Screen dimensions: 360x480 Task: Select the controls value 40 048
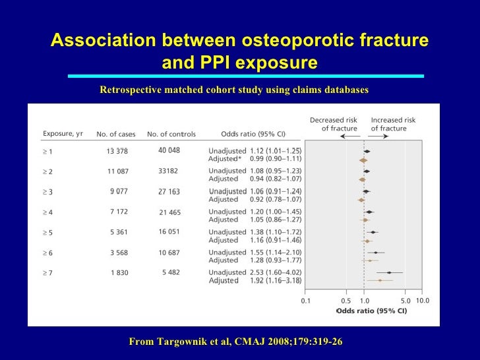tap(169, 150)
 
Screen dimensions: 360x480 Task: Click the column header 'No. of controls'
tap(171, 134)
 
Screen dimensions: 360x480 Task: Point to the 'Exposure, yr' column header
tap(63, 134)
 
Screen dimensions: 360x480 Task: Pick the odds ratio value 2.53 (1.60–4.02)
tap(276, 272)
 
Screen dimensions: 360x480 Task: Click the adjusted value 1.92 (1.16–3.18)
tap(276, 281)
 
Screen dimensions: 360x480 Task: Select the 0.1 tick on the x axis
tap(306, 301)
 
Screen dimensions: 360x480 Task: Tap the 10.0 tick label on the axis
tap(423, 301)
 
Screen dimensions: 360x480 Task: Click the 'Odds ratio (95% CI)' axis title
tap(372, 311)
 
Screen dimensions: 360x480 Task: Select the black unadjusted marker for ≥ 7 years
tap(389, 272)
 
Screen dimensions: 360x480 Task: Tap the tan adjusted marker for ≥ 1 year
tap(363, 160)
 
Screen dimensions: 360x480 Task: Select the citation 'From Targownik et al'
tap(177, 342)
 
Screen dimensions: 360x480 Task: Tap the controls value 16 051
tap(169, 232)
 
